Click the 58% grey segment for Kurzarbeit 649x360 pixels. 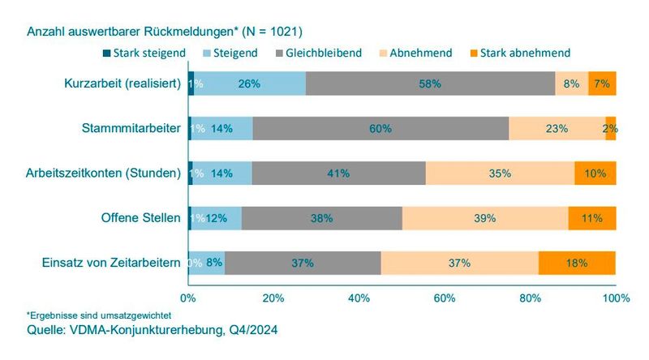pyautogui.click(x=431, y=84)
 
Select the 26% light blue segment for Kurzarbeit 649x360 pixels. pyautogui.click(x=250, y=84)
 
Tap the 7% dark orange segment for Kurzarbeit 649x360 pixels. pyautogui.click(x=602, y=84)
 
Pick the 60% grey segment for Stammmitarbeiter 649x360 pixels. pyautogui.click(x=380, y=128)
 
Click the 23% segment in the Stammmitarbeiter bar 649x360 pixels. pyautogui.click(x=557, y=128)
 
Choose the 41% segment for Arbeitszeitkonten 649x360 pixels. pyautogui.click(x=339, y=174)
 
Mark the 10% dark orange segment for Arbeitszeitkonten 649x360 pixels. pyautogui.click(x=595, y=174)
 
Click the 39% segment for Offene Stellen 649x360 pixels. pyautogui.click(x=485, y=218)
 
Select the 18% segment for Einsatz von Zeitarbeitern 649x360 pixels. pyautogui.click(x=577, y=263)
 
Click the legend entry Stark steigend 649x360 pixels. pyautogui.click(x=144, y=53)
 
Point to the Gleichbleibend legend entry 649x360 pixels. pyautogui.click(x=319, y=53)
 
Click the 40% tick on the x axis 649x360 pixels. pyautogui.click(x=359, y=298)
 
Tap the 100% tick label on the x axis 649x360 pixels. pyautogui.click(x=615, y=298)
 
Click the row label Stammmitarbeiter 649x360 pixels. pyautogui.click(x=131, y=128)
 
